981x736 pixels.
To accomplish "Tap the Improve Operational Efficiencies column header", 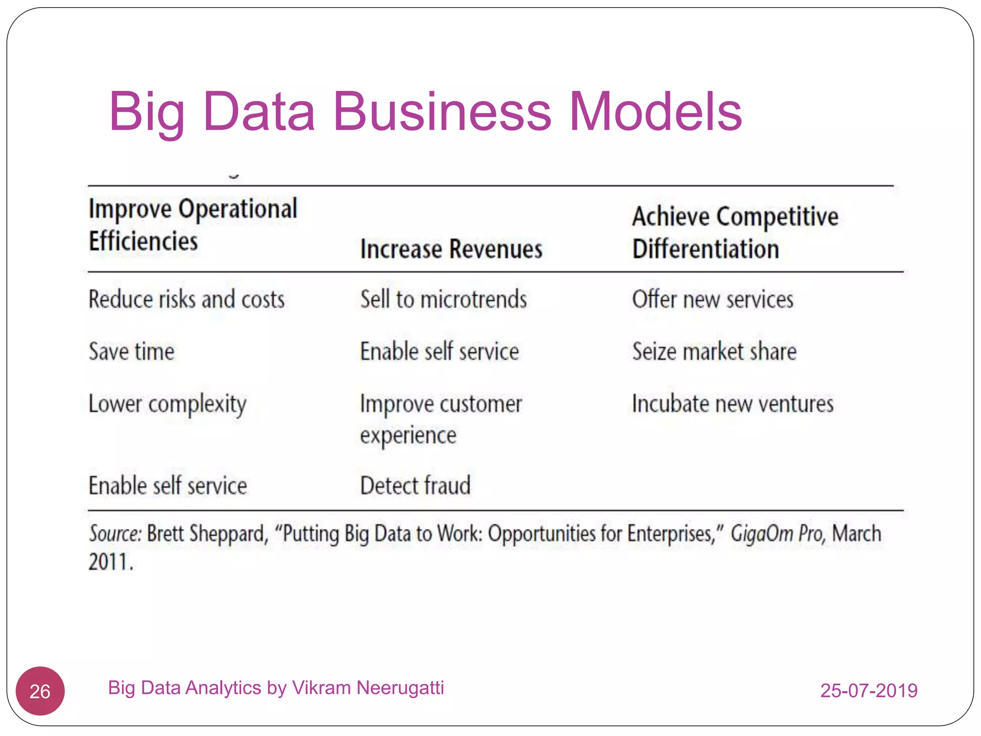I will coord(193,224).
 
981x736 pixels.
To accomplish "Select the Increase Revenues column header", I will coord(451,249).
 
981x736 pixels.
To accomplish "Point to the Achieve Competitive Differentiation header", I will coord(735,232).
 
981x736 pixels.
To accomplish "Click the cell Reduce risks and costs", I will coord(187,299).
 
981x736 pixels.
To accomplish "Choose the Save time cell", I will coord(132,351).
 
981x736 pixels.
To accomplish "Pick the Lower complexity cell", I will coord(168,404).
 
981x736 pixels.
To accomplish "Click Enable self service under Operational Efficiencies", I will coord(168,485).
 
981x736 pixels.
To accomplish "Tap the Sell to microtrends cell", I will coord(444,299).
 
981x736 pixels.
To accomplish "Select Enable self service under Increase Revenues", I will coord(439,351).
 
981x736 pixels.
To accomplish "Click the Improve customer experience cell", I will coord(441,419).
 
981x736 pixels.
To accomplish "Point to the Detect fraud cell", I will coord(415,485).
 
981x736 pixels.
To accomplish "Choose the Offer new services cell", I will coord(713,299).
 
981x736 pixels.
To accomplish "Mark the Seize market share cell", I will coord(714,351).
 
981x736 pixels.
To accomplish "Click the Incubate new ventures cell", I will coord(733,403).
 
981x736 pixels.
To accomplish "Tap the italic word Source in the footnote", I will coord(115,533).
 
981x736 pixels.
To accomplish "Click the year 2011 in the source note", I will coord(110,562).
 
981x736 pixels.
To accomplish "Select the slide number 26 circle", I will coord(40,691).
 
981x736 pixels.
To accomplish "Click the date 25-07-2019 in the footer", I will coord(869,690).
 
